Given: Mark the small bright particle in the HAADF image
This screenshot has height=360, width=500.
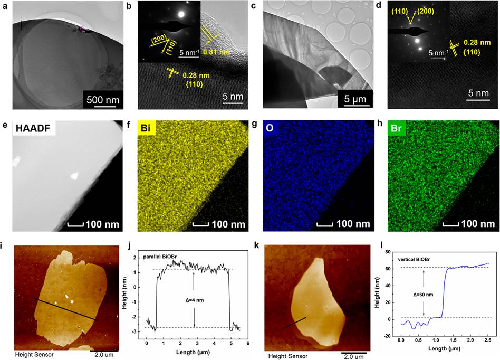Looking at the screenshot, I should [74, 176].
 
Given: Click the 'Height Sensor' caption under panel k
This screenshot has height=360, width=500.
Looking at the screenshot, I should [285, 356].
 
